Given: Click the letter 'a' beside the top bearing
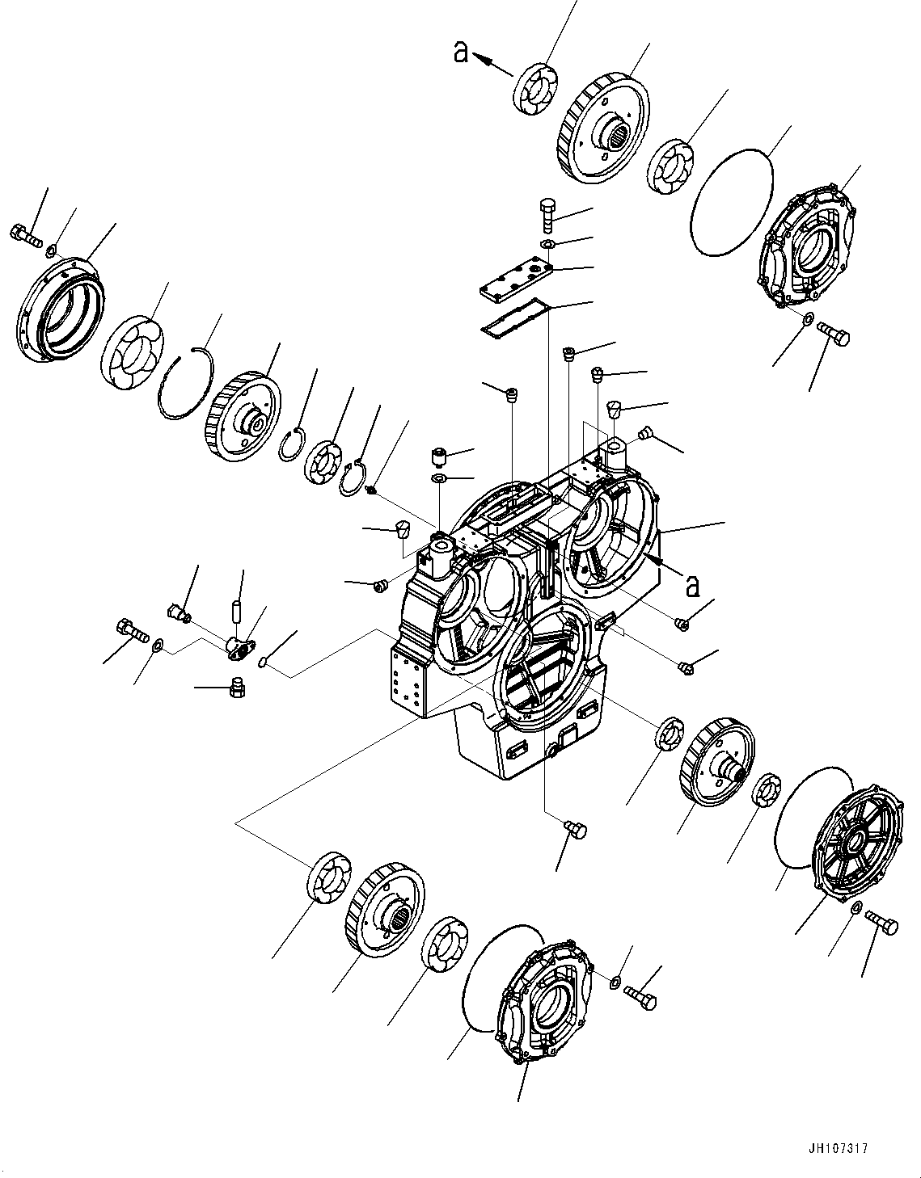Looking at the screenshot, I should [x=460, y=53].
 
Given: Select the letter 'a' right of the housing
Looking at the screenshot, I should [x=692, y=584].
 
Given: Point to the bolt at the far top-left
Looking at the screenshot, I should [x=25, y=236].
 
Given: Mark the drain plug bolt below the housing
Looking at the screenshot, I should [x=575, y=830].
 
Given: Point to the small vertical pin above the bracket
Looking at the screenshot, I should [x=239, y=610].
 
